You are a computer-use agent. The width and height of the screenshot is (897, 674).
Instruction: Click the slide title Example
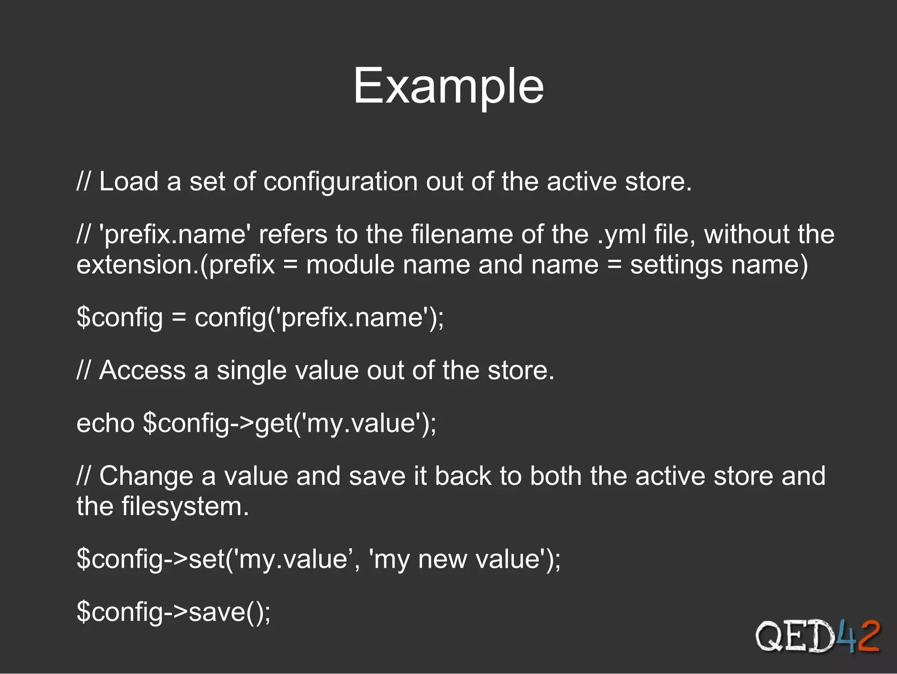(x=448, y=86)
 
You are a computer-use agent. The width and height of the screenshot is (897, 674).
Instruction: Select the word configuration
(x=340, y=182)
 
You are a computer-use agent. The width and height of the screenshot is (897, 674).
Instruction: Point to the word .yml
(x=622, y=235)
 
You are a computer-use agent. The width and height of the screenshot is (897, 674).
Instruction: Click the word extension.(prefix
(x=176, y=265)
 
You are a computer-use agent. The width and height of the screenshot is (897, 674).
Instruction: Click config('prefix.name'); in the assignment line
(x=319, y=318)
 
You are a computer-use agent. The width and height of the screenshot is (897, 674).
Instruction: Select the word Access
(x=143, y=371)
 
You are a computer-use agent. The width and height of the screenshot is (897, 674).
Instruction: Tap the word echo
(x=106, y=423)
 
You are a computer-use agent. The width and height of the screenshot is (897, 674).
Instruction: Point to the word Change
(x=146, y=476)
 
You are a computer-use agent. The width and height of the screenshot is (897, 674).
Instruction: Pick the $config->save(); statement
(x=173, y=612)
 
